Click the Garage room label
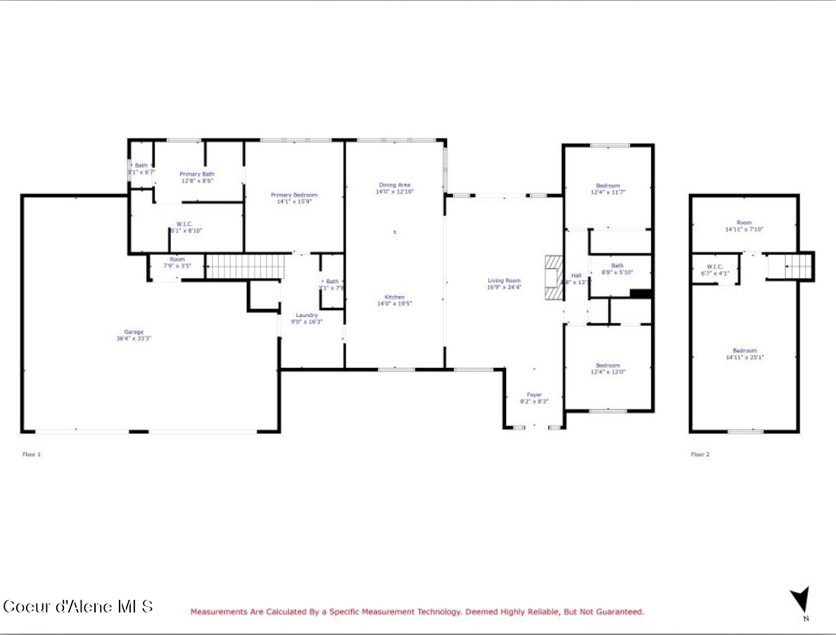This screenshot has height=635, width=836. pos(134,335)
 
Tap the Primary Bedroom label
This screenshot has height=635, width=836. pos(294,198)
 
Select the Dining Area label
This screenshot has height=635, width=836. pos(394,188)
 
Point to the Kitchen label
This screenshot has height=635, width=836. pos(394,300)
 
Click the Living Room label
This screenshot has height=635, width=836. pos(504,283)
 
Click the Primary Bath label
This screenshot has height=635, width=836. pos(197,177)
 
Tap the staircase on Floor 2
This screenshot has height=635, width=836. pos(799,266)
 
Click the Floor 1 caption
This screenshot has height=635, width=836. pos(32,454)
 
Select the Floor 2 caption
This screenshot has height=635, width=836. pos(699,454)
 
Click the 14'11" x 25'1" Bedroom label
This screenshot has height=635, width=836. pos(745,354)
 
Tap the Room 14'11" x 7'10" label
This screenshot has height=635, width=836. pos(745,226)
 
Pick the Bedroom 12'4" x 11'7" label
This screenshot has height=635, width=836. pos(608,188)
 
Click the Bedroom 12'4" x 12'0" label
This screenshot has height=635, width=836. pos(608,368)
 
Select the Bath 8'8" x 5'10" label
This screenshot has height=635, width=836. pos(617,269)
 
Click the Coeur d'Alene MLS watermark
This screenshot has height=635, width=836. pos(77,606)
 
